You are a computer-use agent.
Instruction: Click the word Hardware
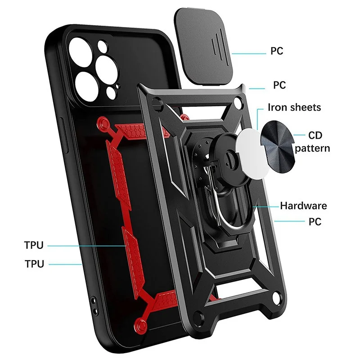point(303,206)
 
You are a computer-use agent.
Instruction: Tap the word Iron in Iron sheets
point(278,108)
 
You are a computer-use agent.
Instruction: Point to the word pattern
point(313,148)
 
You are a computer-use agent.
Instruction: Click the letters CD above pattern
point(315,135)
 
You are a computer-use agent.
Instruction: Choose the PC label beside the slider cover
point(277,51)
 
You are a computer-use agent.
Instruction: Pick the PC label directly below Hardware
point(315,221)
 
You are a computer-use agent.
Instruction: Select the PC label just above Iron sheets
point(279,85)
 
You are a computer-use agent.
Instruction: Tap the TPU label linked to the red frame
point(34,245)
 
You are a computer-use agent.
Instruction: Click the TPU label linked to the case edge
point(34,264)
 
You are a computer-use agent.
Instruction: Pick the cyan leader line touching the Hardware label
point(265,206)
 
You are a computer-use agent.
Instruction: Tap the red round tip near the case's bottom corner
point(144,322)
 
